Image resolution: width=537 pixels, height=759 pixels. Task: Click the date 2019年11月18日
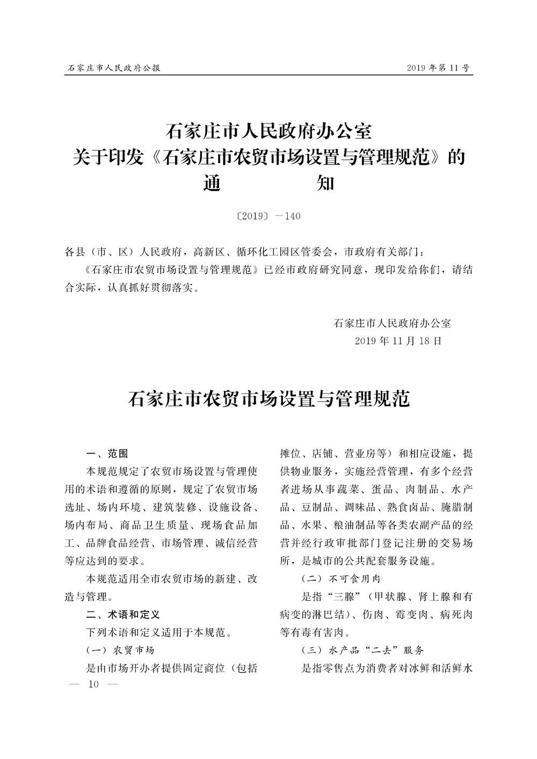(x=398, y=340)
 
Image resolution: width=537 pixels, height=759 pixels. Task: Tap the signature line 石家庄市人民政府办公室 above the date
(x=392, y=323)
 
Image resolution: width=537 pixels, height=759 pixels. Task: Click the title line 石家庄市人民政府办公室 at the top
(x=268, y=131)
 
